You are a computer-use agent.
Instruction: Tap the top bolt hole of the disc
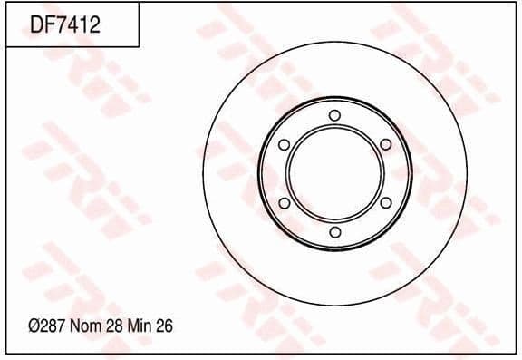[334, 115]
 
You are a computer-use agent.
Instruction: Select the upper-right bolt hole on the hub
[385, 144]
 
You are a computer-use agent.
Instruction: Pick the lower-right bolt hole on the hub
[385, 203]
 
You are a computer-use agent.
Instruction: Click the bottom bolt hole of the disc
[334, 232]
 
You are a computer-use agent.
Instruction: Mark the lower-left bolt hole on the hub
[284, 203]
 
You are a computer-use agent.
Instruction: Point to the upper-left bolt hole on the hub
[284, 144]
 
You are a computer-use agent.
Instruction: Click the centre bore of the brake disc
[334, 173]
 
